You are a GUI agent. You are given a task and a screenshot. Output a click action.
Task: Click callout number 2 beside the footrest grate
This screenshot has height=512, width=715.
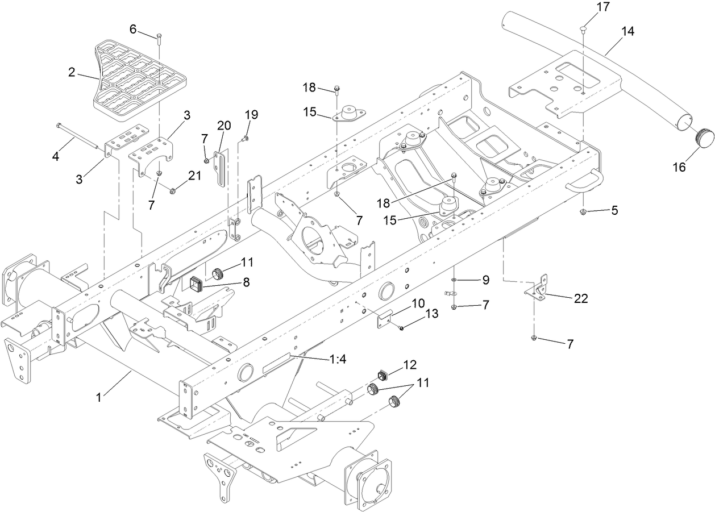[72, 72]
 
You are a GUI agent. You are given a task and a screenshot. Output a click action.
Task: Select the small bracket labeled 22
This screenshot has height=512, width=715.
[537, 288]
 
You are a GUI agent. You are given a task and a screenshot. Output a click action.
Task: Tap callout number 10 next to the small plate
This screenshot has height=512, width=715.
[418, 303]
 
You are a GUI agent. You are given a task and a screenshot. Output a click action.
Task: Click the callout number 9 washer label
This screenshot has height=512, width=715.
[485, 280]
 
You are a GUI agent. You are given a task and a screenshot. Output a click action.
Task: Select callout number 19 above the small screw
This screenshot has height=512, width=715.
[251, 115]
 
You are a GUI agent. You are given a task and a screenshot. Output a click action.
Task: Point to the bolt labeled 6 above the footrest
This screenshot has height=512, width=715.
[159, 38]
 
